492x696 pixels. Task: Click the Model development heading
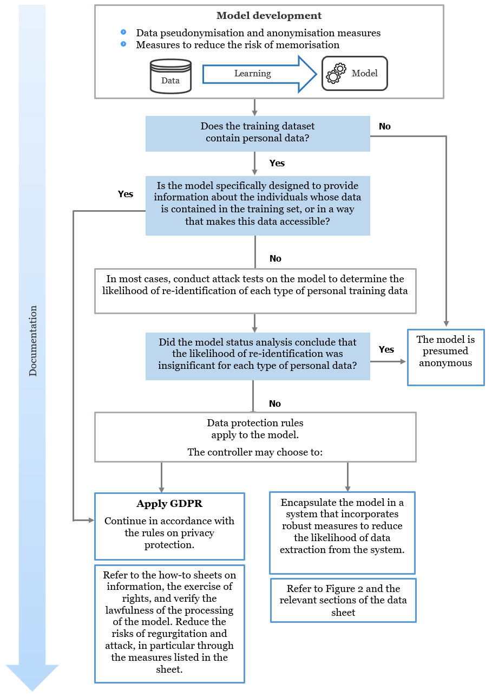(269, 16)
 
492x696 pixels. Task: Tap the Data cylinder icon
(170, 75)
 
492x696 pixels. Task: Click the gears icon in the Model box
(336, 73)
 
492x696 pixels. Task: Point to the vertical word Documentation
(33, 341)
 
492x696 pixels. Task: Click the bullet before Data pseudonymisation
(124, 33)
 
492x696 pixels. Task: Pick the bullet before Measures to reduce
(124, 44)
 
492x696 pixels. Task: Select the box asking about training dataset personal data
(258, 133)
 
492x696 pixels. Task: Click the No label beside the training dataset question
(385, 126)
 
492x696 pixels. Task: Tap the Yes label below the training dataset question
(277, 163)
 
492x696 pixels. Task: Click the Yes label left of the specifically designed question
(125, 194)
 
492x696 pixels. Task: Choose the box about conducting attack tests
(255, 291)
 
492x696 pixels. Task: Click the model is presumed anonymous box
(445, 357)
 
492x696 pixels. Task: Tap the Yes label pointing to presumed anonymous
(386, 349)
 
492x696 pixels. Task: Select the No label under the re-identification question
(275, 404)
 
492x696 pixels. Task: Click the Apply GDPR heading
(169, 504)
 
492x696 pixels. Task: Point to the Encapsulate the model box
(342, 532)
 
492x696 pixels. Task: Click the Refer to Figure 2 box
(343, 600)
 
